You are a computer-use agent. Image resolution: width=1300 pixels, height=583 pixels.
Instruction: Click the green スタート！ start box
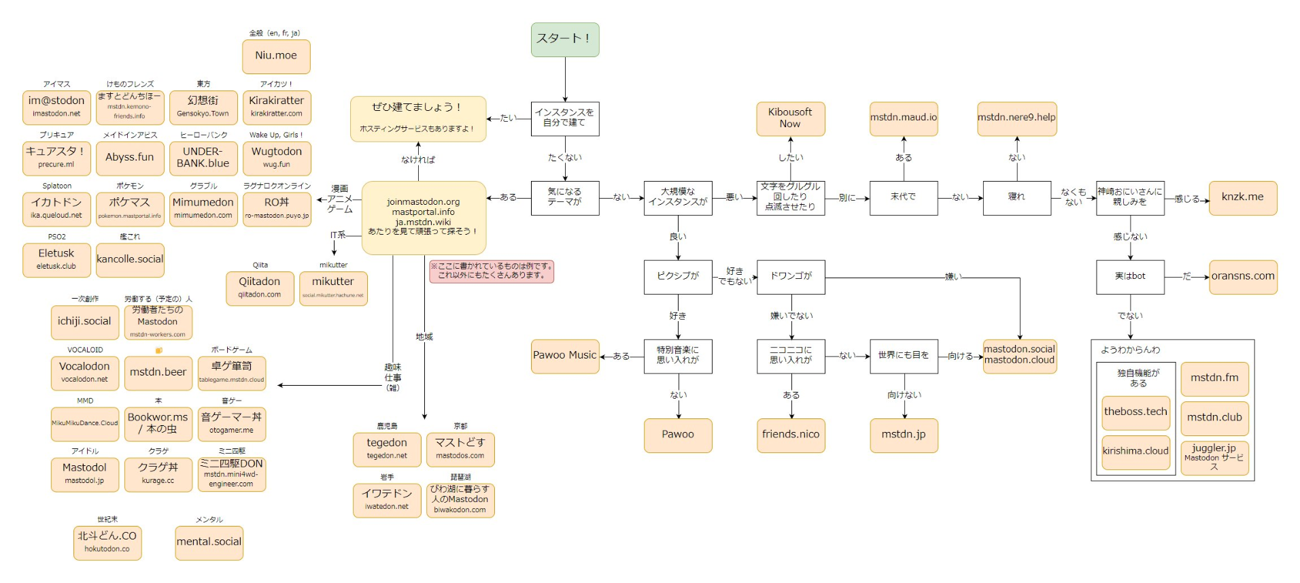(564, 39)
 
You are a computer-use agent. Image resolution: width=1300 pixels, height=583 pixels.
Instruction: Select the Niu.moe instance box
(276, 56)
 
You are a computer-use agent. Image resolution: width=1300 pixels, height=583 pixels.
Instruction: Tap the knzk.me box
(1242, 198)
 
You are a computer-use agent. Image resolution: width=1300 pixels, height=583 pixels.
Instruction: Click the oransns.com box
(1243, 277)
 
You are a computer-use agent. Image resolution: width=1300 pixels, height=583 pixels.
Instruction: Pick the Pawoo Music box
(564, 356)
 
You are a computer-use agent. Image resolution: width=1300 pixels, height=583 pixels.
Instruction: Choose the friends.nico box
(791, 435)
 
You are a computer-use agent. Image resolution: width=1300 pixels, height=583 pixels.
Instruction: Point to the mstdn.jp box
(904, 435)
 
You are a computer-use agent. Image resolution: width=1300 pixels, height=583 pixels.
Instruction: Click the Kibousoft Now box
(790, 118)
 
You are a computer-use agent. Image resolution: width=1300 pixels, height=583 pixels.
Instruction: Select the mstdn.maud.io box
(904, 118)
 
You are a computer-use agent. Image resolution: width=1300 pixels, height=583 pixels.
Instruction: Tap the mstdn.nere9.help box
(1016, 118)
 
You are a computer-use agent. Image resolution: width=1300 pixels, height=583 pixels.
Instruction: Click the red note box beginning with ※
(492, 271)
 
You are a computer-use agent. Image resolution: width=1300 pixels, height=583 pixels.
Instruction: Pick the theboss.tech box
(1135, 412)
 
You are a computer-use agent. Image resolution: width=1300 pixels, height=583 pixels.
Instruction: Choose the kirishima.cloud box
(1135, 452)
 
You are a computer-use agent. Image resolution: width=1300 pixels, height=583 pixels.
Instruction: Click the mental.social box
(209, 543)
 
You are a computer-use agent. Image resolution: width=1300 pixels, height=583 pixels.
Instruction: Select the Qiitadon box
(260, 288)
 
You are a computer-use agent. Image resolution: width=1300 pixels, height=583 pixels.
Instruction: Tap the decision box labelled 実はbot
(1130, 277)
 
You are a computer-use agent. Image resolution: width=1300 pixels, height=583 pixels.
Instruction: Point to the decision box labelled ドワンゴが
(791, 277)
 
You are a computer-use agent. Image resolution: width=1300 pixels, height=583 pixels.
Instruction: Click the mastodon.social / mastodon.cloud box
(1019, 356)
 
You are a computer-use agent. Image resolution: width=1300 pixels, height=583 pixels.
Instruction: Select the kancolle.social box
(130, 260)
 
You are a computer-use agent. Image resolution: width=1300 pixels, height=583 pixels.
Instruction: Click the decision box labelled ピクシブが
(678, 277)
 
